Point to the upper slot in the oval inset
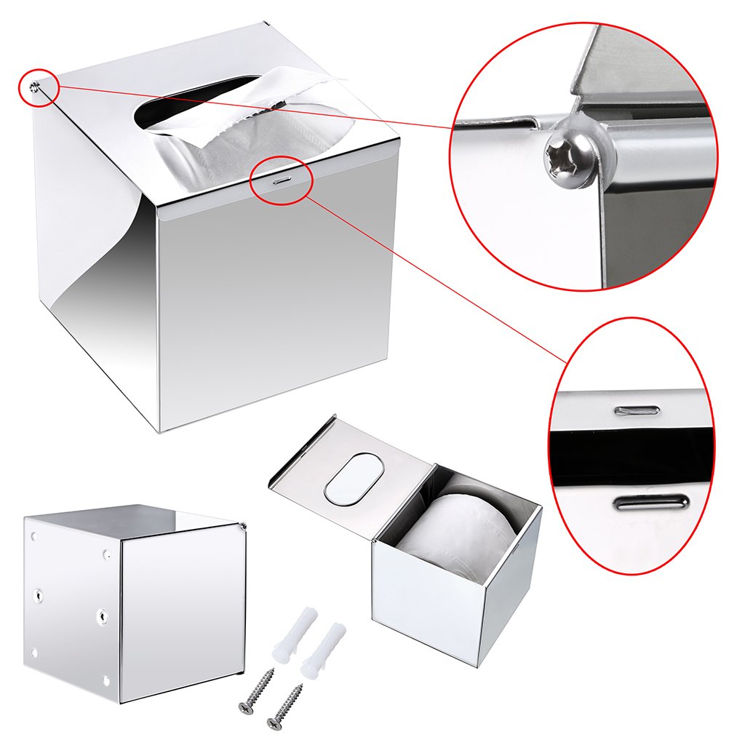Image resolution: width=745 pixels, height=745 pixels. coord(637,410)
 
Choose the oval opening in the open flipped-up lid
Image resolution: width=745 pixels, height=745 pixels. coord(353,479)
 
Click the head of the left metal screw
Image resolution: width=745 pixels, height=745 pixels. coord(244,705)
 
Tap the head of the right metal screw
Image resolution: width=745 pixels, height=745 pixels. coord(274,723)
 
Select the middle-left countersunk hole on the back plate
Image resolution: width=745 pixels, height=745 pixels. coord(39,594)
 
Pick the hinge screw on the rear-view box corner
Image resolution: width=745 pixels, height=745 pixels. coord(243,526)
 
